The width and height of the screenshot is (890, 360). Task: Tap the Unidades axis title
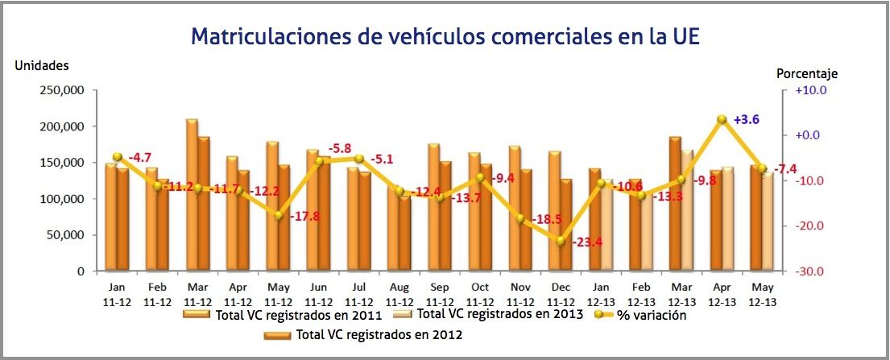point(42,65)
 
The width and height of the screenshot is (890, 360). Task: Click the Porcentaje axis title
point(807,73)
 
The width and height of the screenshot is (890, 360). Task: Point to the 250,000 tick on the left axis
point(63,90)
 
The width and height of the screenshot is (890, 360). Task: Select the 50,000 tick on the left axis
point(66,235)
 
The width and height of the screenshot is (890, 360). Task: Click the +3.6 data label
point(747,119)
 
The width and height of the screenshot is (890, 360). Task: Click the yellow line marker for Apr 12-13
point(722,119)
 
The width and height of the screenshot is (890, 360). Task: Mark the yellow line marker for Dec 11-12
point(561,240)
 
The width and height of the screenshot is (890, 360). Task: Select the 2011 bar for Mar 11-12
point(191,195)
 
